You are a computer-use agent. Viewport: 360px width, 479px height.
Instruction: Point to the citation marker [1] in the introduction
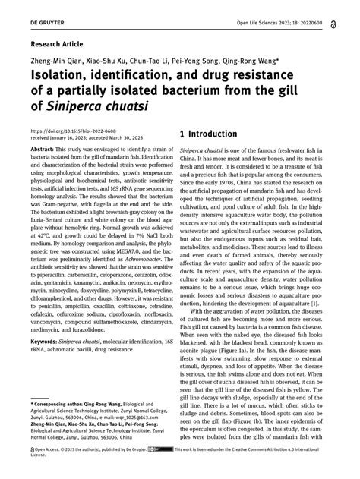[315, 302]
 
